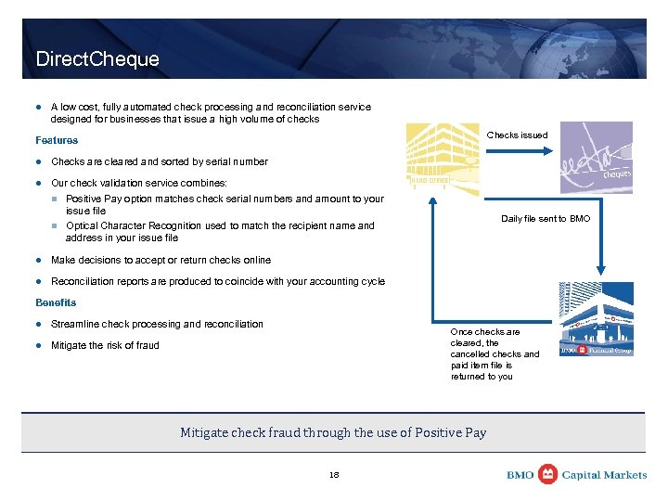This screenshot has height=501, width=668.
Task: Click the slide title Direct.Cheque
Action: coord(97,59)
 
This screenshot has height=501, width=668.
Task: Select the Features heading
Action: coord(57,140)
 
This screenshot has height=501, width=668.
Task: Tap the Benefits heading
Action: coord(56,302)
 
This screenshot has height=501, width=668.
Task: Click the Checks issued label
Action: coord(517,135)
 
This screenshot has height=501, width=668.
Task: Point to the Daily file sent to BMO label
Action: coord(545,219)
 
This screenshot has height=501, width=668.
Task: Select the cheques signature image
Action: coord(595,159)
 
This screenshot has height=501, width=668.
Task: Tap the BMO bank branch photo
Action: coord(596,320)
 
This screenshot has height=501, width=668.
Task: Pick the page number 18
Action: coord(334,475)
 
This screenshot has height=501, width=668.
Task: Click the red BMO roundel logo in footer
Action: coord(548,474)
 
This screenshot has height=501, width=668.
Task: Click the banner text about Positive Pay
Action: coord(333,432)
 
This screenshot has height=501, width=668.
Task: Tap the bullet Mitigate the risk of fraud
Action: coord(105,345)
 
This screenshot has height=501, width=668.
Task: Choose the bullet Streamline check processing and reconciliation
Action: coord(157,324)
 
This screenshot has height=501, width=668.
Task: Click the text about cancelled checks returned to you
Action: coord(494,353)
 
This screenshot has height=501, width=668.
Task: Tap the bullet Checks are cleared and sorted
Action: coord(159,161)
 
